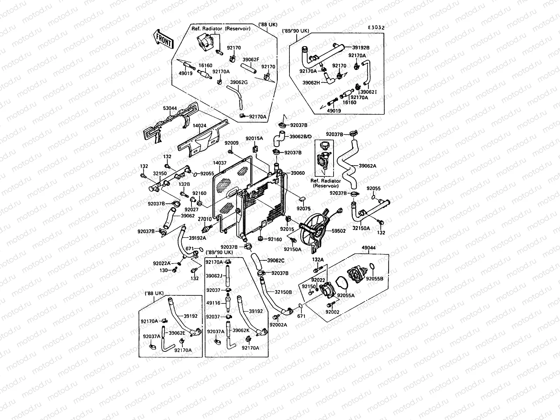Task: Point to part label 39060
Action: (x=298, y=173)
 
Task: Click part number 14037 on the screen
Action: (x=220, y=163)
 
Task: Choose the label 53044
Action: (x=170, y=108)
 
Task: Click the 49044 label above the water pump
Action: (x=369, y=248)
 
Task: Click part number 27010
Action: (x=205, y=219)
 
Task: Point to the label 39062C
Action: (x=276, y=260)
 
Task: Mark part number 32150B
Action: (x=283, y=292)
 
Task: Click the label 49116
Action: (x=213, y=303)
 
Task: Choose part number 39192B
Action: (x=361, y=47)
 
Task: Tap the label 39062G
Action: (x=239, y=82)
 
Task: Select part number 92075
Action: (x=303, y=209)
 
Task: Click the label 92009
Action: (x=231, y=143)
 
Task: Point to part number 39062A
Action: (x=367, y=166)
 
